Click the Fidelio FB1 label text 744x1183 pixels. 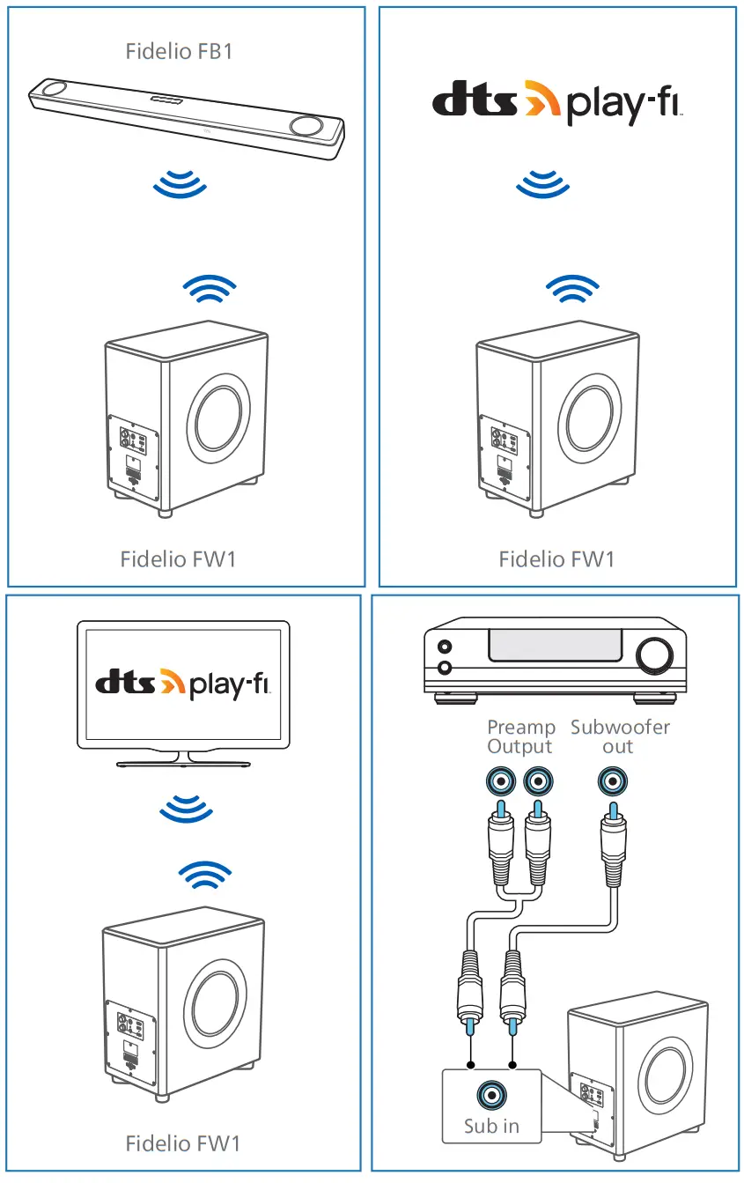(x=179, y=50)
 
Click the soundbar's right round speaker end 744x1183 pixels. (x=306, y=126)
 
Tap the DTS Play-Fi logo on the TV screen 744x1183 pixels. (x=183, y=682)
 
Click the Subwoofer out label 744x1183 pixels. (x=619, y=736)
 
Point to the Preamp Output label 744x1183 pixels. (x=521, y=736)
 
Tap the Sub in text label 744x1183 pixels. (x=491, y=1125)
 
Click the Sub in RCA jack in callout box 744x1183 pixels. (x=491, y=1095)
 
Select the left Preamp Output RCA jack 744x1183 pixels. (x=500, y=780)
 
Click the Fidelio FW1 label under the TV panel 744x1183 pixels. (x=182, y=1143)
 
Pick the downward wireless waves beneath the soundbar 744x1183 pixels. (x=180, y=184)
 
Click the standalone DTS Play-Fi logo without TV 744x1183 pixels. (x=557, y=102)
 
